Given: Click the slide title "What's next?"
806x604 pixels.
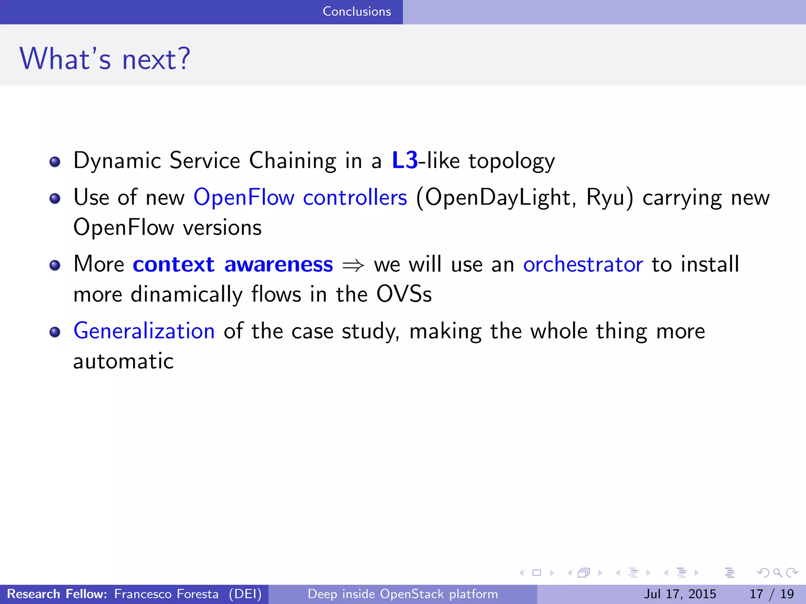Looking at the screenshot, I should pos(105,59).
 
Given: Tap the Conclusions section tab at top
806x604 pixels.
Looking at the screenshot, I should pos(357,11).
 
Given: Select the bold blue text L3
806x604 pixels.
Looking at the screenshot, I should pos(405,160).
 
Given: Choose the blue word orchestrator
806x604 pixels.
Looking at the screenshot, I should pos(583,264).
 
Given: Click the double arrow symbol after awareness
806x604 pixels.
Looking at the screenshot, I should pos(353,265).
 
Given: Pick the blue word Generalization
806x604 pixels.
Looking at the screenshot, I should pos(144,331).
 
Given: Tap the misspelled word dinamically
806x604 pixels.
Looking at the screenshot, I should pos(187,295).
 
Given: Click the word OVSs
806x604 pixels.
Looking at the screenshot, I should pos(404,294).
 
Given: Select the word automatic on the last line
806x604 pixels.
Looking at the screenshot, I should pos(123,361).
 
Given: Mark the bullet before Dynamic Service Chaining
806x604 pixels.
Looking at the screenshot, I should pos(55,162).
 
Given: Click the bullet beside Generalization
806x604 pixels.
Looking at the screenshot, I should pos(55,332).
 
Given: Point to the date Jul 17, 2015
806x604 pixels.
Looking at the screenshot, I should pos(680,594).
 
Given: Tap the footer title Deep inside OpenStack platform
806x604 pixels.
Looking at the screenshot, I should pos(403,594).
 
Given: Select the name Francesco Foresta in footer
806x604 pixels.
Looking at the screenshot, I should pos(166,594).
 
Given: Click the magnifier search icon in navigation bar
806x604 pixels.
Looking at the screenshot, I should pos(777,573).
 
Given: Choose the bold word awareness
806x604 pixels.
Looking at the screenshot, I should pos(279,264).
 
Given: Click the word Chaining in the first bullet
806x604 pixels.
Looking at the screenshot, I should pos(292,160).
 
